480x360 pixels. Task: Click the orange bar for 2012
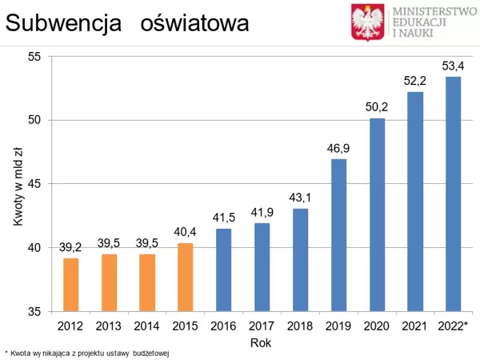pos(71,284)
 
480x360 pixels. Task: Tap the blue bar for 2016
pos(224,270)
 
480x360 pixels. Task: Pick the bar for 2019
pos(338,234)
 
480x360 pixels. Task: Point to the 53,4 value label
pos(453,66)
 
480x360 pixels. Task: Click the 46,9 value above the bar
pos(338,148)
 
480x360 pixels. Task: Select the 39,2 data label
pos(71,247)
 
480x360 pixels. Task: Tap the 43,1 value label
pos(300,197)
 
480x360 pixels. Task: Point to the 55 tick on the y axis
pos(34,57)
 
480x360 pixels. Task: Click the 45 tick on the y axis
pos(34,184)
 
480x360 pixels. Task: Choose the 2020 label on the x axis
pos(377,326)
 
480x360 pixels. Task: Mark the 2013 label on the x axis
pos(110,326)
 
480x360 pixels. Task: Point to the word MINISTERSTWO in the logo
pos(433,10)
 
